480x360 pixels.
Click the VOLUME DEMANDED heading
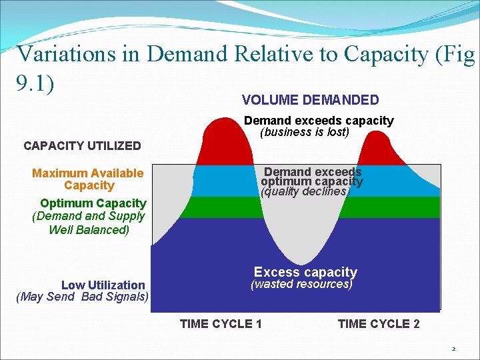[310, 100]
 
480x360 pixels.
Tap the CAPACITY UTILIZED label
[82, 145]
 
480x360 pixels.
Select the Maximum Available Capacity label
[88, 179]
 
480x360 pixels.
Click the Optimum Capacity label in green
[93, 203]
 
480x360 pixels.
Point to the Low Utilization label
[103, 285]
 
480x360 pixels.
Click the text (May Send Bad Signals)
[82, 297]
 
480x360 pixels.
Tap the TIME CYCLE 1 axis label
[221, 324]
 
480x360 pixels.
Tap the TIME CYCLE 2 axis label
[379, 324]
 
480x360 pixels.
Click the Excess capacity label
[305, 272]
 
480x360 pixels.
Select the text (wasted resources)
[301, 284]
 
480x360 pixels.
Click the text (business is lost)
[305, 132]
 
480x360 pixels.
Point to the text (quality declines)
[305, 191]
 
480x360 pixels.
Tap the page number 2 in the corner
[453, 349]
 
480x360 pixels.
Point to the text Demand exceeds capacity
[319, 121]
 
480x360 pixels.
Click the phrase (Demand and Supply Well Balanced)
[88, 223]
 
